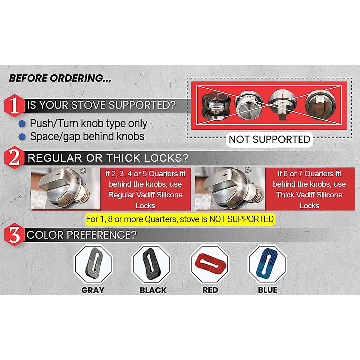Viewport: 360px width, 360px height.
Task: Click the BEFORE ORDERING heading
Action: coord(60,78)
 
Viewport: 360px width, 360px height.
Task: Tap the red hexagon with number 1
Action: coord(14,105)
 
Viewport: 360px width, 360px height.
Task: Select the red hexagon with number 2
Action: coord(14,158)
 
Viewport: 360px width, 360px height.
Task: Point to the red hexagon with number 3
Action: coord(14,235)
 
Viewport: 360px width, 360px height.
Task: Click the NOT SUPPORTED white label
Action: coord(269,139)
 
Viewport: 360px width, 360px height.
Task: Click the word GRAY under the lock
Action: coord(93,290)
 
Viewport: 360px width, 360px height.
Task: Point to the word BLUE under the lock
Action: coord(268,290)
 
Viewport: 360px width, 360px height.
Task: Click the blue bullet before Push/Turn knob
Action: coord(22,124)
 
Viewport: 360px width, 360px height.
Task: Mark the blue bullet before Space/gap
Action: coord(22,137)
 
